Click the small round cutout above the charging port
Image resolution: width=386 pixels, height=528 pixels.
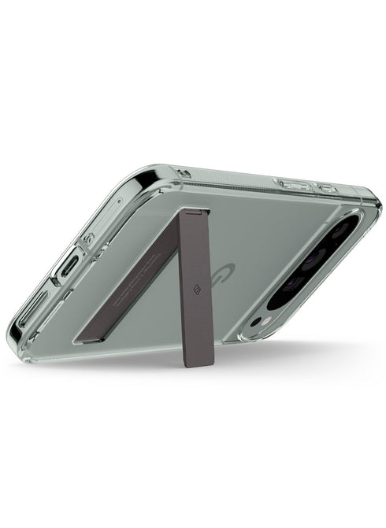pos(89,238)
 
